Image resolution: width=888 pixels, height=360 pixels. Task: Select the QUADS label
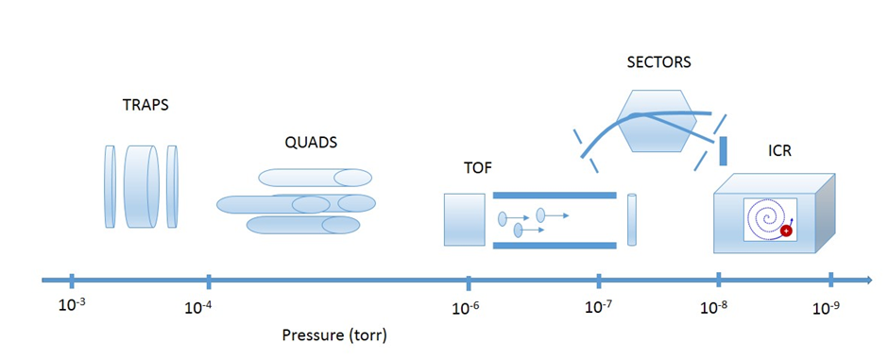point(311,143)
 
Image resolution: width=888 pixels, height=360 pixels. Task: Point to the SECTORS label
point(659,63)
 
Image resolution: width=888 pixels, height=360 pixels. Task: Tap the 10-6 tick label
point(467,306)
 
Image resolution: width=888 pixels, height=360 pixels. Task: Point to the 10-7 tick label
point(598,305)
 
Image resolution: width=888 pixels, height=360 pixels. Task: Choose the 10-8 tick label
point(716,306)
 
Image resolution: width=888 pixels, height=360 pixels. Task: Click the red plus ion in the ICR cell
point(785,231)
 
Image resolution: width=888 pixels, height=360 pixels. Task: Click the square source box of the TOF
point(463,218)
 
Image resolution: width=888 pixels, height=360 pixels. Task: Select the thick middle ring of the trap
point(143,187)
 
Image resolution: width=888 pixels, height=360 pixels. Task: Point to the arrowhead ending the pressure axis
point(866,280)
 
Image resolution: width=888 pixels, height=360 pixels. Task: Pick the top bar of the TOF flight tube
point(555,196)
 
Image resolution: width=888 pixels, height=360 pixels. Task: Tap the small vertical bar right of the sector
point(723,149)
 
